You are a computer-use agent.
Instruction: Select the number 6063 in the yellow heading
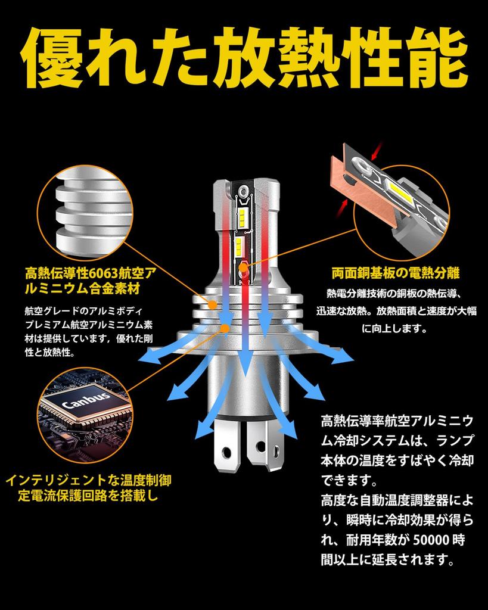tap(104, 273)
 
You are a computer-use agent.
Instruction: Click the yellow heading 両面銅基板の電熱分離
tap(396, 273)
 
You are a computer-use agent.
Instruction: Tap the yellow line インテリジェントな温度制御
tap(88, 480)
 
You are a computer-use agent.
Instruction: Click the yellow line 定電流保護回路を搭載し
tap(88, 496)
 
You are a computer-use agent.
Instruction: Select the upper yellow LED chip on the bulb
tap(243, 214)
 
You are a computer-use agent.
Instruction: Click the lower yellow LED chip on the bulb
tap(238, 245)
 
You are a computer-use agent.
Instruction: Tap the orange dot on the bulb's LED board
tap(243, 267)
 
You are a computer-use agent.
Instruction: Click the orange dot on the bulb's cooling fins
tap(213, 304)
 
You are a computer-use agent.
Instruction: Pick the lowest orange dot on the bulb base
tap(225, 328)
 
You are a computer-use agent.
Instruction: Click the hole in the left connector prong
tap(226, 453)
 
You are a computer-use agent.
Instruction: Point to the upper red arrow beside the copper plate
tap(377, 151)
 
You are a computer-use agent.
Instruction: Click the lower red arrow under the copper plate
tap(343, 206)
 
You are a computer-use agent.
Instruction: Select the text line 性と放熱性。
tap(49, 353)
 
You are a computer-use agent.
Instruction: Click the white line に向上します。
tap(395, 329)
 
